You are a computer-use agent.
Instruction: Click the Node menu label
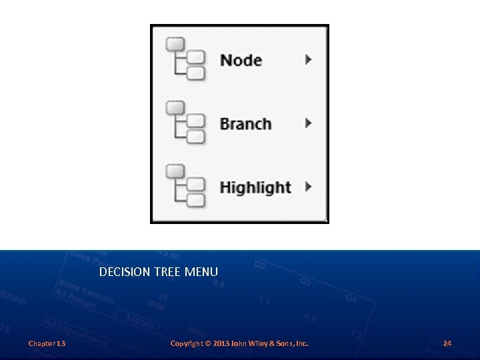point(241,60)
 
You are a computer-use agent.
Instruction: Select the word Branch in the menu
point(245,124)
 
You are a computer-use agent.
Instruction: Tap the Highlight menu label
point(255,187)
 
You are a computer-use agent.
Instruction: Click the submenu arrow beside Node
point(308,59)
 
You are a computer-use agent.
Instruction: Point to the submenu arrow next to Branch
point(308,123)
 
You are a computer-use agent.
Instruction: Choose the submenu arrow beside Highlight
point(308,187)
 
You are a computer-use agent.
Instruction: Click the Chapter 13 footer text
point(47,343)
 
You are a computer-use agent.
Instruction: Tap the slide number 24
point(447,343)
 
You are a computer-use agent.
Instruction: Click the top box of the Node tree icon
point(175,44)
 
